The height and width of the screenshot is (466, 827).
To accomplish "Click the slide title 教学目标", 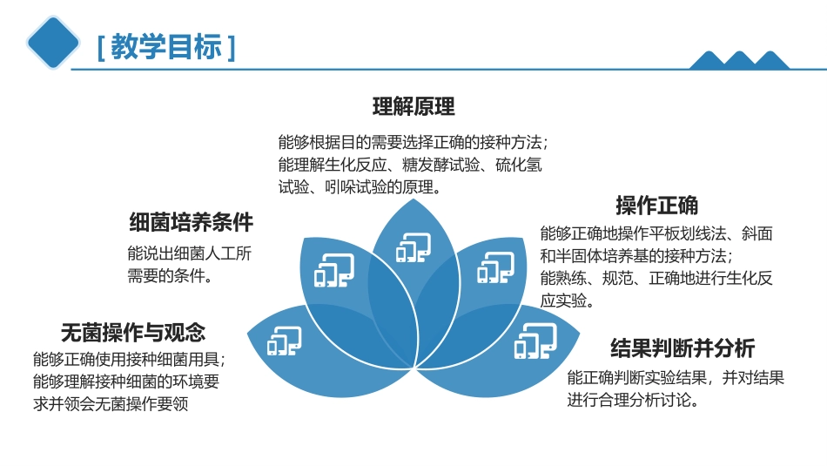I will pos(165,46).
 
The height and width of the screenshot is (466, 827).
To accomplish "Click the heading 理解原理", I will pos(413,107).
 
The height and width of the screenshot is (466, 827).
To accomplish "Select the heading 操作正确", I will pos(656,206).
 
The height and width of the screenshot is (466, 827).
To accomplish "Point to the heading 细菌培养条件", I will pos(191,222).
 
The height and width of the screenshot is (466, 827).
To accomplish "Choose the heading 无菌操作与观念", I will pos(132,332).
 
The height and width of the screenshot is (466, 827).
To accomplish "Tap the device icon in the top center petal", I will pos(413,247).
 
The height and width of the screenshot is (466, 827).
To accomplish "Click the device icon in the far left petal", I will pos(284,341).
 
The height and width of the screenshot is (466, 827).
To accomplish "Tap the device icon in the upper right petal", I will pos(494,268).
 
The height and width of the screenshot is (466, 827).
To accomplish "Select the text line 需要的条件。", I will pos(171,276).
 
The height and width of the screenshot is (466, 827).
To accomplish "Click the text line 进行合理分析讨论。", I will pos(634,400).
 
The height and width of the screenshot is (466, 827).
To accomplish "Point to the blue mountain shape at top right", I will pos(738,60).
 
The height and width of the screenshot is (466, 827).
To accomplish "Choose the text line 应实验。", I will pos(568,301).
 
